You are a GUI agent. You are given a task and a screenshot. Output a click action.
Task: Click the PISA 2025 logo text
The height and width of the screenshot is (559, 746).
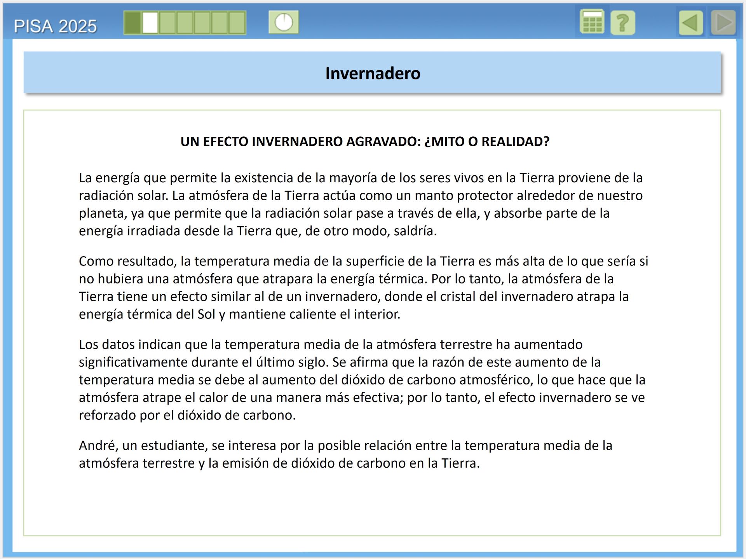coord(55,26)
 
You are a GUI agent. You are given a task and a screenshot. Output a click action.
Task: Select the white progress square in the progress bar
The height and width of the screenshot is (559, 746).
coord(150,23)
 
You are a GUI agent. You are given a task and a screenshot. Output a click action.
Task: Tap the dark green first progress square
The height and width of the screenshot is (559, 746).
coord(133,23)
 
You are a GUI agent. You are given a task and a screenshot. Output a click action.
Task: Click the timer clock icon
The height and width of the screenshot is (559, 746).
coord(284,22)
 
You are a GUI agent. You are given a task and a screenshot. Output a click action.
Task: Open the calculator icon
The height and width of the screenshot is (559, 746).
coord(592,22)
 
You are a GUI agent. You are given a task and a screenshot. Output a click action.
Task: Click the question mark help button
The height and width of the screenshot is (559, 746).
coord(622,23)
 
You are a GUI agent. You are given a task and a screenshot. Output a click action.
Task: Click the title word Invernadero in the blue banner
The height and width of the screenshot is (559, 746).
coord(373,73)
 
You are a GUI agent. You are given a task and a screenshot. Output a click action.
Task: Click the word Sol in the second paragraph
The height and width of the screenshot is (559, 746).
coord(206,314)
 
